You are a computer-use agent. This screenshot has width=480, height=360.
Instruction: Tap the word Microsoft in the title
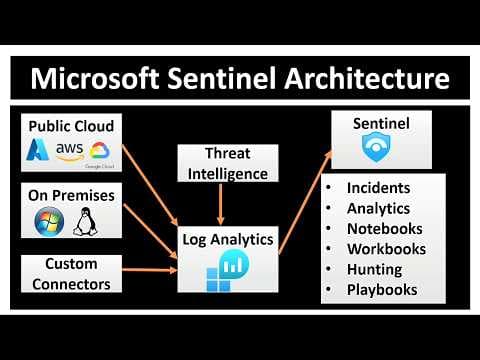pos(96,77)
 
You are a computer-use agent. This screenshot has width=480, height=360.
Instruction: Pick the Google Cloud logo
pos(101,152)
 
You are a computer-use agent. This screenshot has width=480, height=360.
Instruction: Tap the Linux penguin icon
pos(84,220)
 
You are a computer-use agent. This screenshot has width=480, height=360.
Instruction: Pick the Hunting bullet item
pos(375,269)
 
